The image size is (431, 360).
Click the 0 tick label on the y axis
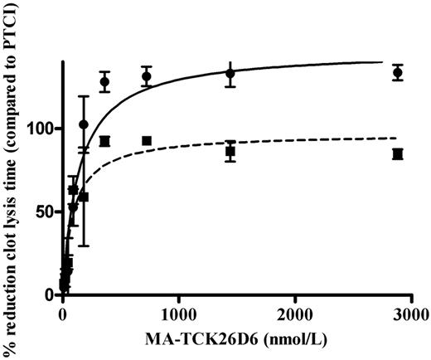tap(50, 294)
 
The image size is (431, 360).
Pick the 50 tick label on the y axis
tap(46, 212)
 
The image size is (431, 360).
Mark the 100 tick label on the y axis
tap(41, 129)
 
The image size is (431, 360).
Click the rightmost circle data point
tap(398, 73)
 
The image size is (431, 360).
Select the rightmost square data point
tap(398, 154)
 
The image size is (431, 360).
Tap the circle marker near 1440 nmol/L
tap(230, 74)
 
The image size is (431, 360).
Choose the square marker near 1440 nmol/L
tap(230, 152)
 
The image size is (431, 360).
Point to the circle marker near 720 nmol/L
tap(147, 76)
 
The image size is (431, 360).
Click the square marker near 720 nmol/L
tap(147, 141)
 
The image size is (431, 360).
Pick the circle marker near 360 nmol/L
tap(105, 81)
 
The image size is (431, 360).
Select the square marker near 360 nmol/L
tap(105, 141)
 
